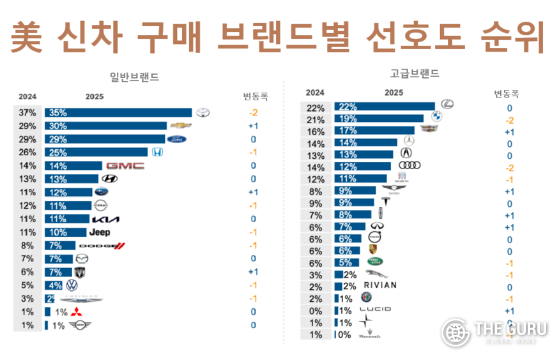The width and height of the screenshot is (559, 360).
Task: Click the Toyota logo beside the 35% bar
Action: [203, 113]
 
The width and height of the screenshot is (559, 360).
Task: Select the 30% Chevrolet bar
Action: [105, 126]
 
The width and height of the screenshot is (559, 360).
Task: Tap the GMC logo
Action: [125, 166]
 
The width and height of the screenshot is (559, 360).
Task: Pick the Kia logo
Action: [105, 219]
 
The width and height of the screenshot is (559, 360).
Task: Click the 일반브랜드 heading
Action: [134, 77]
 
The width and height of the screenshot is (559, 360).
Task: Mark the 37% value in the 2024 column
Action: [28, 113]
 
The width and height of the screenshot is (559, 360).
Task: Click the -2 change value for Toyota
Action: [253, 113]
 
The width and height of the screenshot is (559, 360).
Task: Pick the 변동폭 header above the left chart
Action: [255, 97]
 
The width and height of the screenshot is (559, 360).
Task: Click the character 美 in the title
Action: [27, 38]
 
